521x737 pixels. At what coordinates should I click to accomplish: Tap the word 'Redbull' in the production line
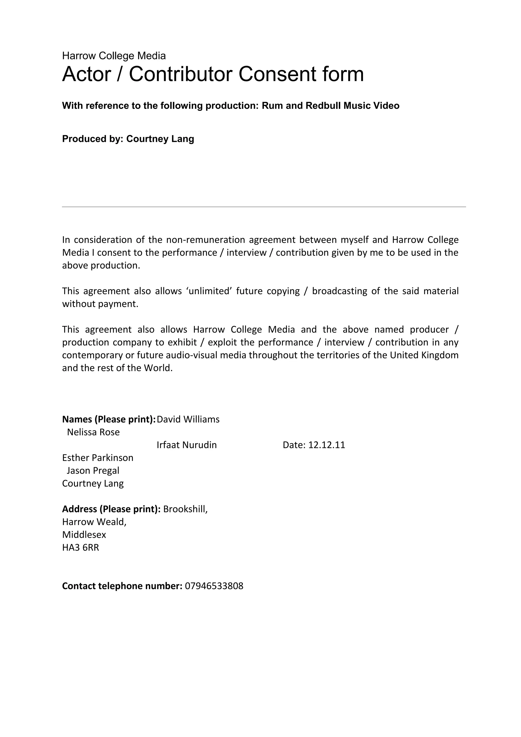[x=323, y=106]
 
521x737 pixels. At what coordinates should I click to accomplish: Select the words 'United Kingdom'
[x=424, y=355]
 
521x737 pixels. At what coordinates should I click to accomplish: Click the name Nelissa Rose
[x=93, y=432]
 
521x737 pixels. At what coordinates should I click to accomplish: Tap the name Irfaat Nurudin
[x=187, y=445]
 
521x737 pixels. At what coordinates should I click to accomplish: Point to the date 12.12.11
[x=326, y=445]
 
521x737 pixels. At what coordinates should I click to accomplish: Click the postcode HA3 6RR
[x=81, y=548]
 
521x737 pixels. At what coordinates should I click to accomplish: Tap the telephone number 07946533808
[x=214, y=586]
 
